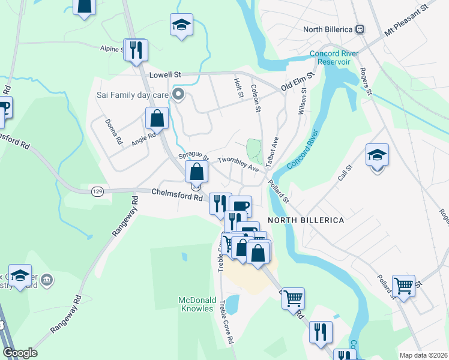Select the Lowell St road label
165,75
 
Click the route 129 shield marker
97,191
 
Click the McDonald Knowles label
196,304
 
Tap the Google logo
20,353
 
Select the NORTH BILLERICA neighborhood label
306,220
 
